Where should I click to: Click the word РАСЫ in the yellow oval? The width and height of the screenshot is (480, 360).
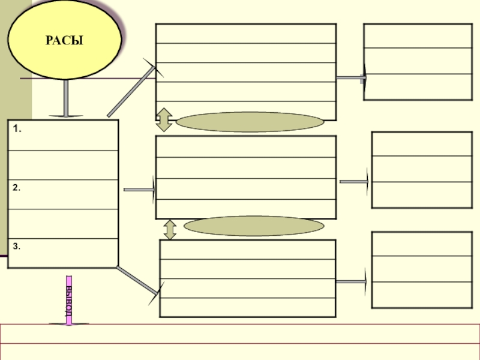[x=64, y=41]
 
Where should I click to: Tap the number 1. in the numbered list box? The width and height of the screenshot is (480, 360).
[x=16, y=129]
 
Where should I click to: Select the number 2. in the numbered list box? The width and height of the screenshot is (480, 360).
[x=16, y=188]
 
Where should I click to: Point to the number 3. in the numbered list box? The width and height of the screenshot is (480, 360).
[x=16, y=245]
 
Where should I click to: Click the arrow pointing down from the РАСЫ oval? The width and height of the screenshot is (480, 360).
[x=65, y=99]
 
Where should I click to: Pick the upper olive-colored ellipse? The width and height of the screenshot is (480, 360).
[x=250, y=122]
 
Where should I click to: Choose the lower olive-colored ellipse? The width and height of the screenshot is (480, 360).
[x=253, y=226]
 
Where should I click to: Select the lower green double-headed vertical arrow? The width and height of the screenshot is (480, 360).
[x=170, y=229]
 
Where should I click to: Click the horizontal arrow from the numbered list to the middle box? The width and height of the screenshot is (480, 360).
[x=139, y=190]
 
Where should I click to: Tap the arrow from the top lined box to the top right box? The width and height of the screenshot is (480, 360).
[x=351, y=77]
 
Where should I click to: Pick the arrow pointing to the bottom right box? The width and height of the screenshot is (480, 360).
[x=352, y=281]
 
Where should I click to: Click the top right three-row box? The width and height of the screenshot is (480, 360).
[x=418, y=61]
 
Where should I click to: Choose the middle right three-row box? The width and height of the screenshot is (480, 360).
[x=422, y=170]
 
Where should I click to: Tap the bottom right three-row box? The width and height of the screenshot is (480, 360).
[x=422, y=269]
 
